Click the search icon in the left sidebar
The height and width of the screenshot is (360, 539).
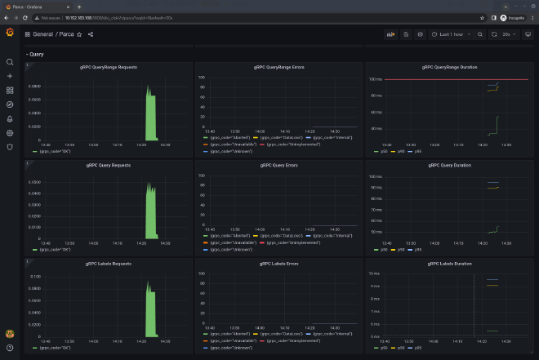click(10, 62)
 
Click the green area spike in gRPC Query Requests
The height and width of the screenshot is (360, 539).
click(150, 212)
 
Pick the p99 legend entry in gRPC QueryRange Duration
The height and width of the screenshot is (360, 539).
click(416, 151)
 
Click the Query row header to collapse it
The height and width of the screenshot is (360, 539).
click(37, 54)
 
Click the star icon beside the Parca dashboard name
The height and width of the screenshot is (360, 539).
click(79, 34)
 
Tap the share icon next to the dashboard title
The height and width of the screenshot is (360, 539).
click(90, 34)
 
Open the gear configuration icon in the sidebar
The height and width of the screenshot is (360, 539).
click(10, 132)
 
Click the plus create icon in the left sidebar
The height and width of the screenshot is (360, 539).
click(10, 76)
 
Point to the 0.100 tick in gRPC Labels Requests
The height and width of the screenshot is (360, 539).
click(36, 278)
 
